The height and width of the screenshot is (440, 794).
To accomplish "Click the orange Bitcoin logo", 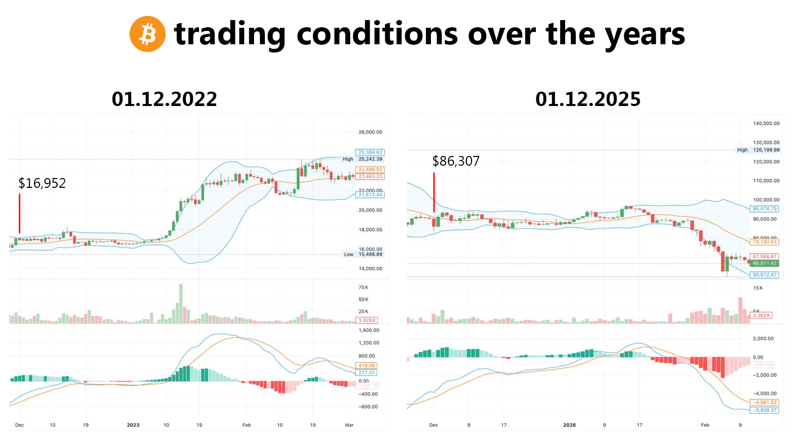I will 148,34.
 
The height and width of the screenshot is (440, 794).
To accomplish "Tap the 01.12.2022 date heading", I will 165,99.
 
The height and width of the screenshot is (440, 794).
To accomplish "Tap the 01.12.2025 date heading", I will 588,99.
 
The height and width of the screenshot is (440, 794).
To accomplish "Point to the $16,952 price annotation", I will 42,183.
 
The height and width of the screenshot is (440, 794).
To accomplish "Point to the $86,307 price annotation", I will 456,161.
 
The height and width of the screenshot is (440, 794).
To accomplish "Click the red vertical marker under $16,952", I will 20,213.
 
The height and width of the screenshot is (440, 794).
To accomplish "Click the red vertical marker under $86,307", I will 434,192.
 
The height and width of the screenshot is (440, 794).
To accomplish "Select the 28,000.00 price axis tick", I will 370,132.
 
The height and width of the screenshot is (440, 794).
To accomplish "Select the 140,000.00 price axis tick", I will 766,124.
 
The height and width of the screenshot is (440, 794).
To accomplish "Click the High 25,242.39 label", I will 363,159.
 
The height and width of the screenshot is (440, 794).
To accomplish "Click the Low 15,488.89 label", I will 363,254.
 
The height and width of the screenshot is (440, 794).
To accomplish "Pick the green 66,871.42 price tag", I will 765,263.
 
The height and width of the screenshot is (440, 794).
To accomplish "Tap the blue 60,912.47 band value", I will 765,275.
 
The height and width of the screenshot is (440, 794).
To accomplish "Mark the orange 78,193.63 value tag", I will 765,242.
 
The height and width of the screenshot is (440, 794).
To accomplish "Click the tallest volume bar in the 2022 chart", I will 181,303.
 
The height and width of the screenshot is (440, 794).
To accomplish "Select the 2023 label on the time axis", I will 133,425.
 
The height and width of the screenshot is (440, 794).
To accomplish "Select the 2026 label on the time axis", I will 569,425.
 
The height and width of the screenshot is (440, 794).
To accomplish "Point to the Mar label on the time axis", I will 349,425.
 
